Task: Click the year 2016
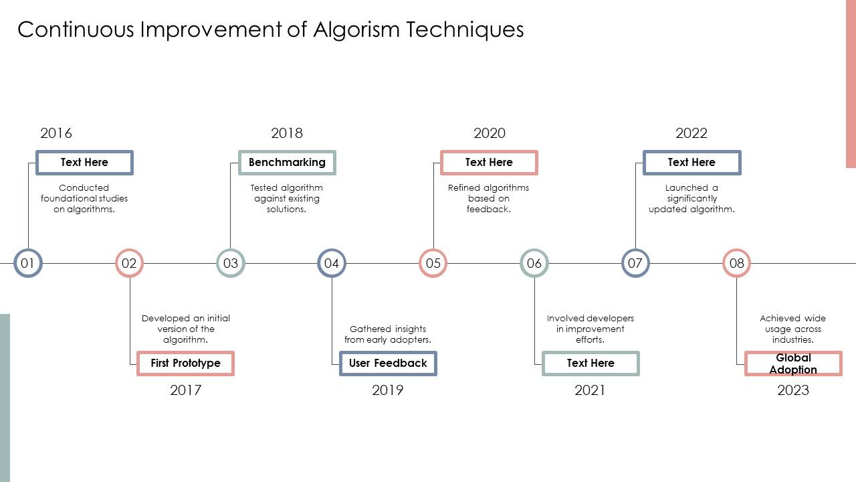(x=56, y=133)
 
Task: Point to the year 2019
(x=387, y=390)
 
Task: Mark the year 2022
(x=691, y=133)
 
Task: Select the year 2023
(x=793, y=390)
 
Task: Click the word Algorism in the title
(x=356, y=30)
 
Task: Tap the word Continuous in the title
(x=76, y=29)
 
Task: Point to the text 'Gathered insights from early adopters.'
(x=388, y=334)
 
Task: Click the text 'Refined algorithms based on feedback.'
(x=489, y=199)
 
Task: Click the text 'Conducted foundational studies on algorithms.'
(x=84, y=199)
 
